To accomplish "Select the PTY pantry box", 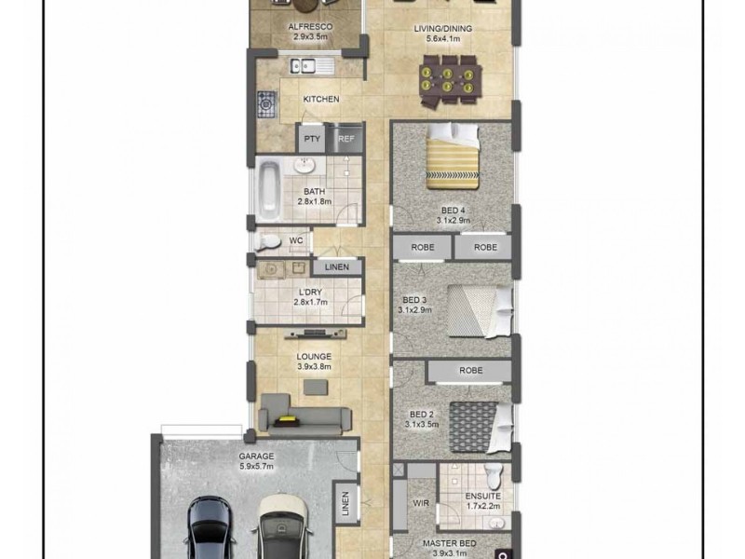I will pos(311,139).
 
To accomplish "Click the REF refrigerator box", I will pos(345,139).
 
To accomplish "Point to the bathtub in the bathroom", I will pos(268,186).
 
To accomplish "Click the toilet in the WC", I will pos(269,241).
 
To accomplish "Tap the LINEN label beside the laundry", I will pos(336,267).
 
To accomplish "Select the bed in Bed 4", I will pos(453,155).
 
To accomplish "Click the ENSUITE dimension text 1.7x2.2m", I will pos(482,507).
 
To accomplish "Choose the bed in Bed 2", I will pos(480,424).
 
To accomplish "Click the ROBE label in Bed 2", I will pos(470,370).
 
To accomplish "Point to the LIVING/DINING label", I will pos(442,29).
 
